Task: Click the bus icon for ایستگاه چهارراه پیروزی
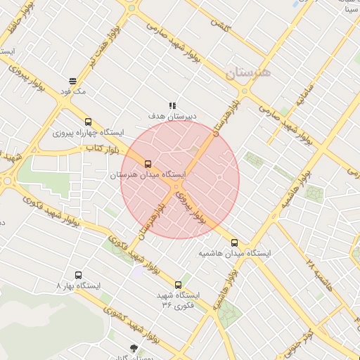pyautogui.click(x=88, y=122)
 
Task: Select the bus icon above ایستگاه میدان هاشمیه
pyautogui.click(x=234, y=243)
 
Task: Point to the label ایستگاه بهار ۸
pyautogui.click(x=79, y=285)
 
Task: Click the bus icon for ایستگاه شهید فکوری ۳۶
pyautogui.click(x=178, y=285)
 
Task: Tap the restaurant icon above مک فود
pyautogui.click(x=73, y=81)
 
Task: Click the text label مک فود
pyautogui.click(x=73, y=91)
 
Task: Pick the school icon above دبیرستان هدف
pyautogui.click(x=173, y=105)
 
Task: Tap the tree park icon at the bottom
pyautogui.click(x=134, y=349)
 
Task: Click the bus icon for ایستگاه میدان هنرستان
pyautogui.click(x=147, y=164)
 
